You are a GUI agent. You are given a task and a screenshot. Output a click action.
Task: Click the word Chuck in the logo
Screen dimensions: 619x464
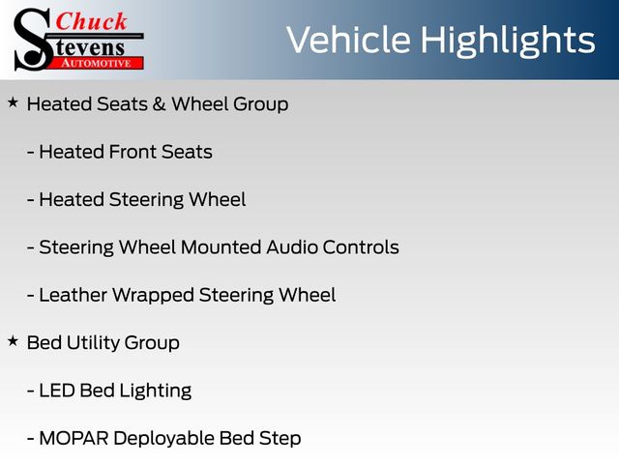91,21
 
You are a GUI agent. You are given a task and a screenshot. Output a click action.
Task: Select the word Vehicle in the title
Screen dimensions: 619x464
348,40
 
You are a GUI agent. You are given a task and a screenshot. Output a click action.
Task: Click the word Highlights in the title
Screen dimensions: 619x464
508,41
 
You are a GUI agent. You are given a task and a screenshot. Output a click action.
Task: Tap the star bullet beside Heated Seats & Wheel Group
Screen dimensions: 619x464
13,103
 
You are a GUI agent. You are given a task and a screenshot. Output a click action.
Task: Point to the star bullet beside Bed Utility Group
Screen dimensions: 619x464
13,341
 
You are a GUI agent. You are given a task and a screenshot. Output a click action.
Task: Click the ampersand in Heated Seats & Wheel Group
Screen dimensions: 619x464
159,104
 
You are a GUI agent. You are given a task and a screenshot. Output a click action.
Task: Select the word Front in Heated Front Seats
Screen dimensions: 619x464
133,152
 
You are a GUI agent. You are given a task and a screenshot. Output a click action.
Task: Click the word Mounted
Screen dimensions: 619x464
221,247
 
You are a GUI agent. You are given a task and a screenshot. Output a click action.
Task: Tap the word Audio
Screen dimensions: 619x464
292,247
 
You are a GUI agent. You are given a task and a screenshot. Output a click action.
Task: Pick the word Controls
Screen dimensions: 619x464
361,247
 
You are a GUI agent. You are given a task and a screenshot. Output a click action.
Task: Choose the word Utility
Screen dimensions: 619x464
93,343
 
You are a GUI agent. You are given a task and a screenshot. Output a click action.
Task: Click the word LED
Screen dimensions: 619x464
57,391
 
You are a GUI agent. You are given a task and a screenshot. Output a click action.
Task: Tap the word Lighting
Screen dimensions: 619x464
156,391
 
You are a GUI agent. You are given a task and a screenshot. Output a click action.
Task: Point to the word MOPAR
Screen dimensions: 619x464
74,438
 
